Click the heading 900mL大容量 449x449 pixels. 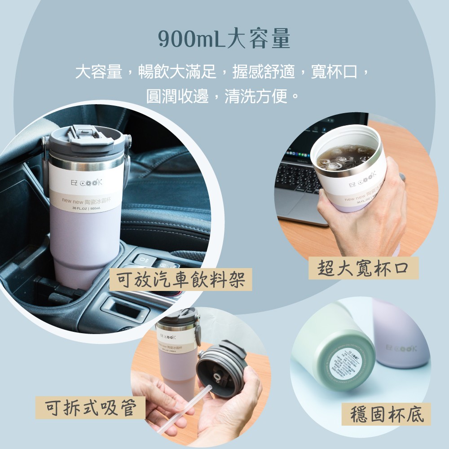tap(224, 40)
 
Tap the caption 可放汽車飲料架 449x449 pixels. tap(180, 279)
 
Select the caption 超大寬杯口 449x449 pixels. tap(364, 268)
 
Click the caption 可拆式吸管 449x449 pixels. tap(90, 408)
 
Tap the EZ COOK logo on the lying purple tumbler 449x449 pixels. tap(401, 348)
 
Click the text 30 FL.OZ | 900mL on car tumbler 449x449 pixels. tap(88, 208)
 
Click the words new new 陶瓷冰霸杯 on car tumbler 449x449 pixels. tap(86, 201)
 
